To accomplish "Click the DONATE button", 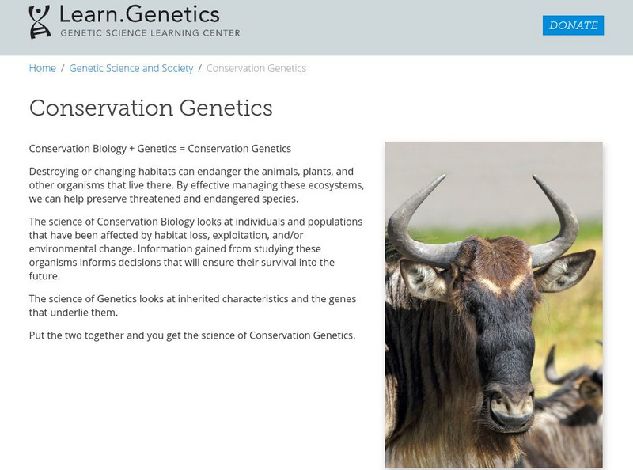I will [x=573, y=25].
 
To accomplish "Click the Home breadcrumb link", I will [x=43, y=68].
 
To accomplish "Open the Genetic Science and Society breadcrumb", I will [x=131, y=68].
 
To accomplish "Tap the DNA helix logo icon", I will [x=40, y=22].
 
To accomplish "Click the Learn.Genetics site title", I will [x=139, y=14].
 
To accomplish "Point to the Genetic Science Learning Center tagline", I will [x=150, y=33].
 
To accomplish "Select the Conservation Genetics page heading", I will [x=151, y=108].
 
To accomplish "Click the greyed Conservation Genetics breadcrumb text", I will [x=256, y=68].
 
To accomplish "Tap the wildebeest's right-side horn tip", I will [x=536, y=178].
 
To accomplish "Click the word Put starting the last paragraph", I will [x=37, y=335].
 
